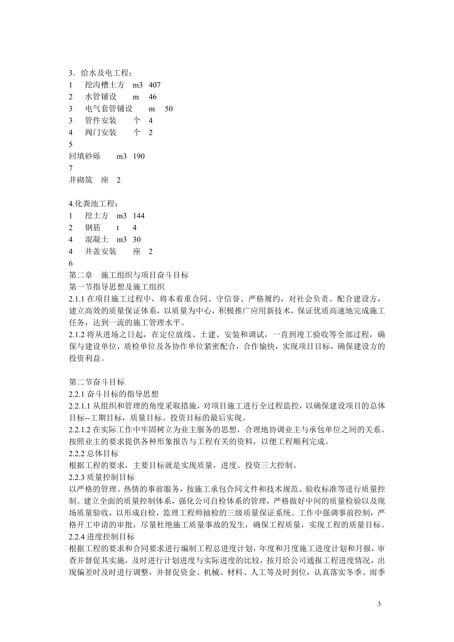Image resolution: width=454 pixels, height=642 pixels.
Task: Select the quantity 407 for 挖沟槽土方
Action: coord(155,85)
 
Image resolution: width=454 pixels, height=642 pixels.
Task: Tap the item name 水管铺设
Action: coord(100,97)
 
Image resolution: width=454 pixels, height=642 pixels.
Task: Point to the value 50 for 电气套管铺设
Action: coord(169,109)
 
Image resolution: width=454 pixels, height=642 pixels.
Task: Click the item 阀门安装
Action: coord(100,132)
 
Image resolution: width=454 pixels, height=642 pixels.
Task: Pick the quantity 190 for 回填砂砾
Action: coord(139,156)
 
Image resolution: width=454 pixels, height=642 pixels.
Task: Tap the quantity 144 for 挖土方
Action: coord(139,216)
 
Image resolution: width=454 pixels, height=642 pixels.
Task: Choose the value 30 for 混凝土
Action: coord(137,240)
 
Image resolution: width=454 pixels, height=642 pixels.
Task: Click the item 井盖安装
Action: coord(100,252)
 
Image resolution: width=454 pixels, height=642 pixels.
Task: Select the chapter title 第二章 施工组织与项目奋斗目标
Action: coord(129,275)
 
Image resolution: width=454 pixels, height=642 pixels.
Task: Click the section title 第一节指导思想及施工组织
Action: coord(117,287)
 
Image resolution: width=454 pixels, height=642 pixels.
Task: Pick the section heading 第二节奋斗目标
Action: coord(97,382)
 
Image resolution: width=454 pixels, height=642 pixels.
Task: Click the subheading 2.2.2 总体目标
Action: coord(94,453)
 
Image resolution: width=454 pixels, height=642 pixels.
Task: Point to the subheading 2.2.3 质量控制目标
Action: coord(102,477)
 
